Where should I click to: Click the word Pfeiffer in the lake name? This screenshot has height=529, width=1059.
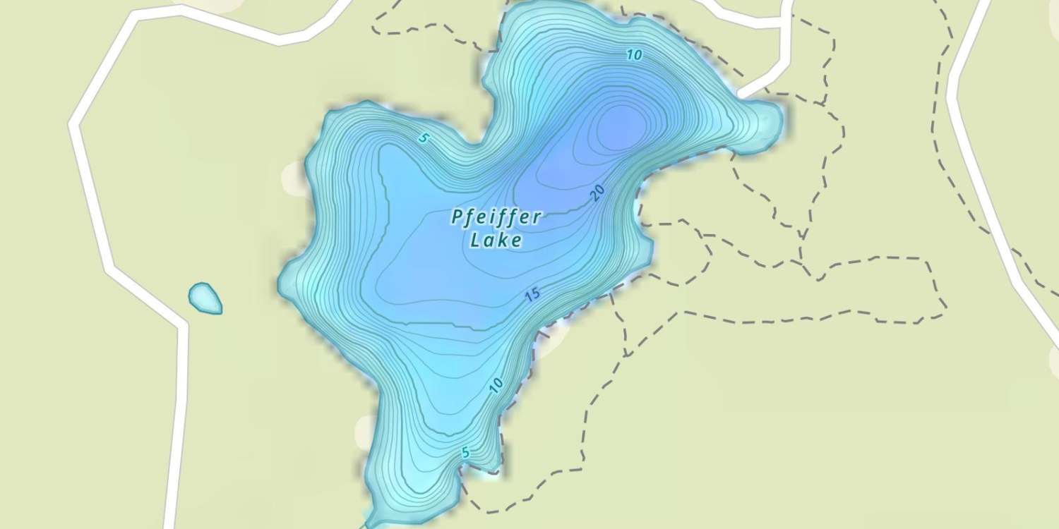(496, 217)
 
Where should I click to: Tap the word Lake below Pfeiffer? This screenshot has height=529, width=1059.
(496, 241)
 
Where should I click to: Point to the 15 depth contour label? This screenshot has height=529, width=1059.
(533, 295)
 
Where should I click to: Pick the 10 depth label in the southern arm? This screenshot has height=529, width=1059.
(496, 385)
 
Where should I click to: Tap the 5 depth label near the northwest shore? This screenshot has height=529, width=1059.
(423, 138)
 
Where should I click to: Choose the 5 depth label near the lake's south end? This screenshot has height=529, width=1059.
(465, 453)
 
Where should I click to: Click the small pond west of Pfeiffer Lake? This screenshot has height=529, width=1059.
(205, 298)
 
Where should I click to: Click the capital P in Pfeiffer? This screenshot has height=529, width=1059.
(457, 217)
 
